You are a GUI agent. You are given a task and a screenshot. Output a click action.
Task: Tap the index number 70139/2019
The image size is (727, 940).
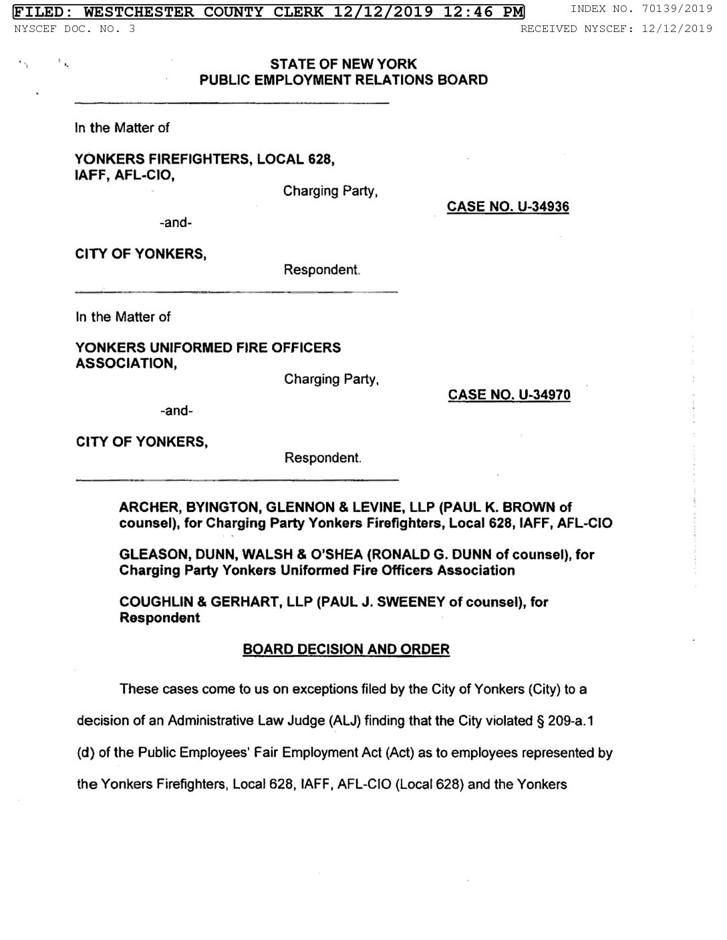674,9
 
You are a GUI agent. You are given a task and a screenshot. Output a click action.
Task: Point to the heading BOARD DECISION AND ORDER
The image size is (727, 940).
346,650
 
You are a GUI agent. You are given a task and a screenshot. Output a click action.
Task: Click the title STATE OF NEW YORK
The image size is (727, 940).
343,65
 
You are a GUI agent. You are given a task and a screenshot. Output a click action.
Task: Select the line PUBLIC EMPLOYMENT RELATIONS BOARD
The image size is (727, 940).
343,81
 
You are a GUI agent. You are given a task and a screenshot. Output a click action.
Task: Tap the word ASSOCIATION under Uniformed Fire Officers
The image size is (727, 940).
126,364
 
